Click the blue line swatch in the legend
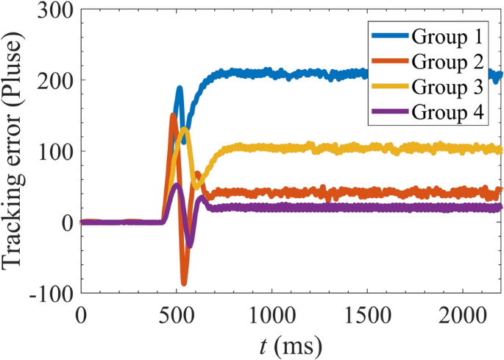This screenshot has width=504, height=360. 390,35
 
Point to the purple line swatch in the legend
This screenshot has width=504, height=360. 390,113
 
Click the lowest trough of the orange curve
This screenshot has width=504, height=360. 184,283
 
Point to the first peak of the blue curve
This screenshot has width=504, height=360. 179,88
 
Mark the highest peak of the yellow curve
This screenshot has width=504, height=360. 184,130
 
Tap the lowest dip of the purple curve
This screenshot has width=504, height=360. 190,244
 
